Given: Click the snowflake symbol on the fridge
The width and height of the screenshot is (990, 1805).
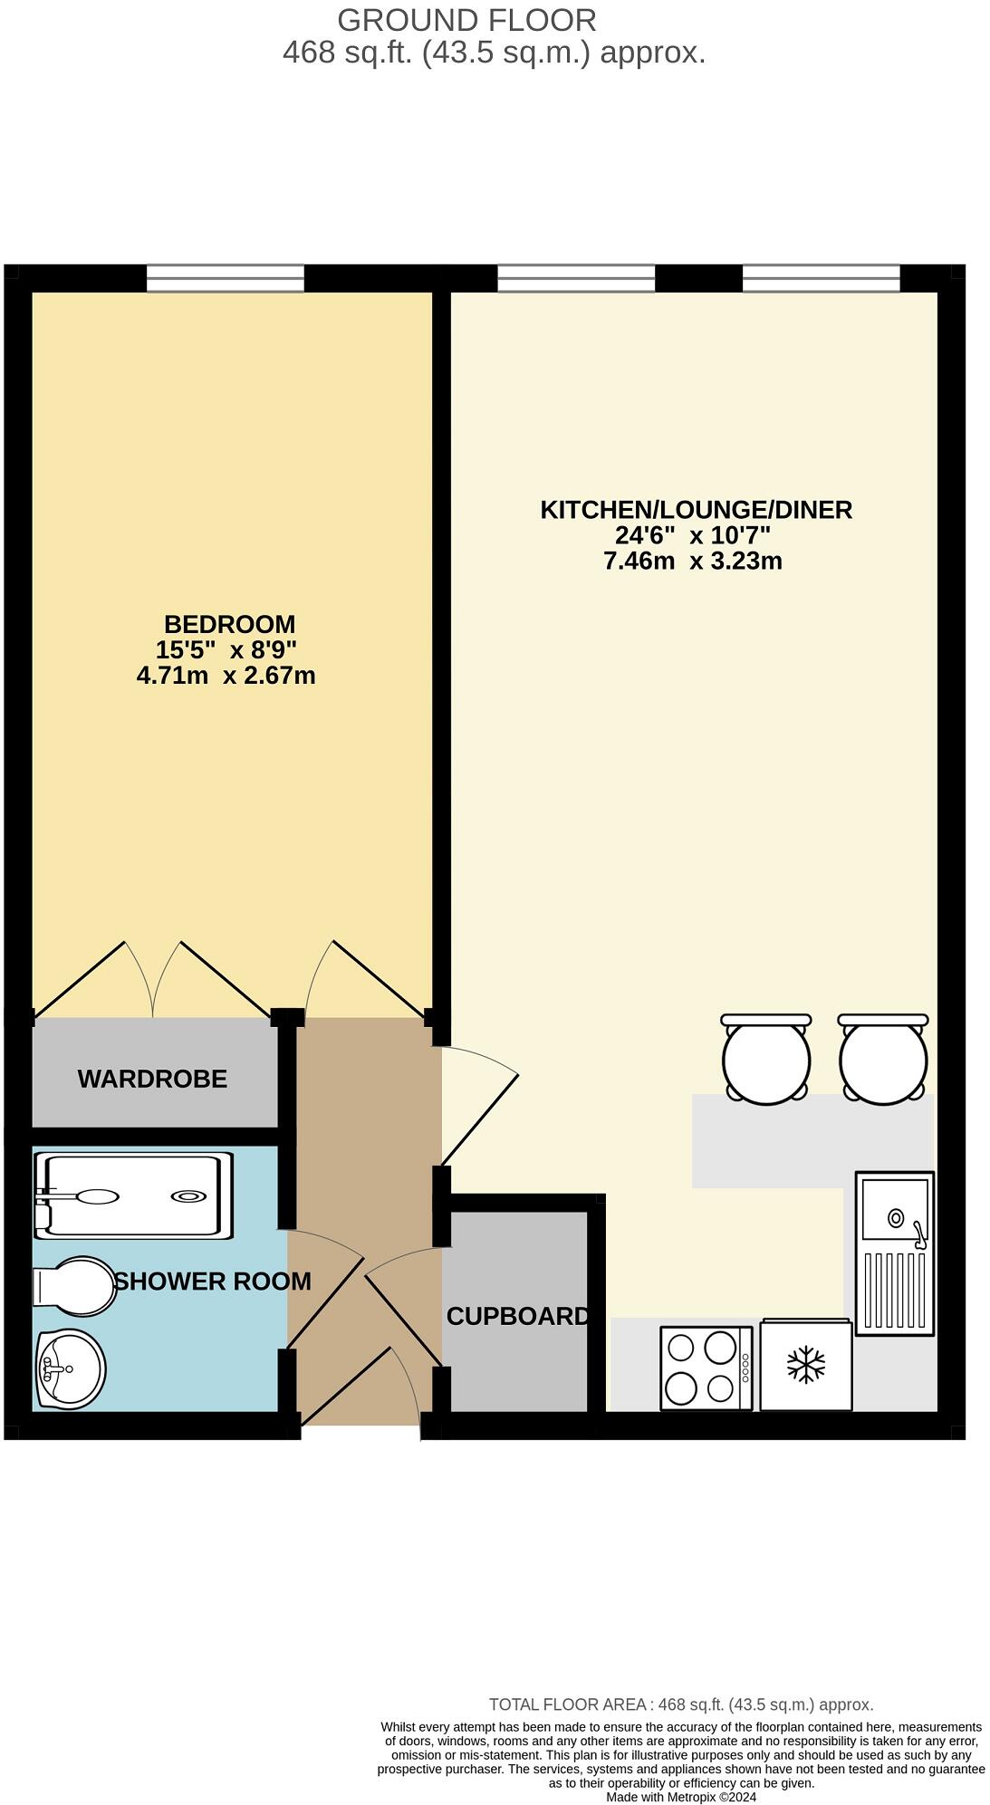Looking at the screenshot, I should tap(805, 1365).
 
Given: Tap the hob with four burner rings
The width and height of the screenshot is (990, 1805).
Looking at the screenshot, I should tap(705, 1368).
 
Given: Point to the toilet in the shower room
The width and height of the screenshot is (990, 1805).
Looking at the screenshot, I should tap(77, 1286).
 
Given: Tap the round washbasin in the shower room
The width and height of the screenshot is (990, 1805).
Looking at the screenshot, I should tap(71, 1368).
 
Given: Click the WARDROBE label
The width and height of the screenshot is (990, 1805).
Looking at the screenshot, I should tap(152, 1079).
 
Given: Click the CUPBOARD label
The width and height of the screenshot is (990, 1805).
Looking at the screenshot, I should tap(517, 1316).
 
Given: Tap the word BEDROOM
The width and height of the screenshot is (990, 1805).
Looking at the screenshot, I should tap(229, 624).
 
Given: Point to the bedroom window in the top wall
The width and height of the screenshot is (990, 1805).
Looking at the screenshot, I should tap(226, 278).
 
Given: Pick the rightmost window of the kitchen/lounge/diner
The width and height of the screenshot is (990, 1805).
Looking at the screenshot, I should tap(822, 278).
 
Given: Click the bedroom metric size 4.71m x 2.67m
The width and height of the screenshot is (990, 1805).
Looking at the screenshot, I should tap(226, 676).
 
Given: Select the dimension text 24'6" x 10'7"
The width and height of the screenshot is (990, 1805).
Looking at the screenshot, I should tap(693, 535).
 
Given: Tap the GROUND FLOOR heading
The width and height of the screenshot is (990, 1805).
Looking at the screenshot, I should tap(466, 20).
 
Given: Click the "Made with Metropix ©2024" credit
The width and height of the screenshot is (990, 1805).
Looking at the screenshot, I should tap(681, 1797).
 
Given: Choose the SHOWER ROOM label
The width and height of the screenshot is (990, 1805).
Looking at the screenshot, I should tap(213, 1282).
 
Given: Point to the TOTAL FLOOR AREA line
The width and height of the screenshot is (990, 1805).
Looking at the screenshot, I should tap(681, 1704).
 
